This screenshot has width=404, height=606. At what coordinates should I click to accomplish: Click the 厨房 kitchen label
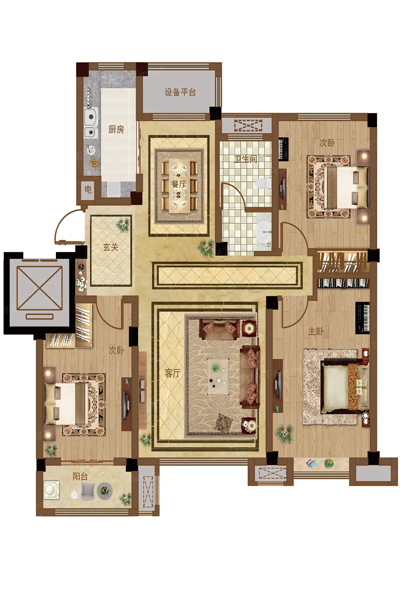[x=116, y=129]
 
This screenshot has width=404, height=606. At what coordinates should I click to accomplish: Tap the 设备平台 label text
[x=180, y=92]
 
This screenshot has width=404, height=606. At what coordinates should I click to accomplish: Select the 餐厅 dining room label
[x=179, y=184]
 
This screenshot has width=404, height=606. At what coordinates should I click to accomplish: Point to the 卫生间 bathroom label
[x=246, y=159]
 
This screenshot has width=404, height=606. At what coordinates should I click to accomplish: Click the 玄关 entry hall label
[x=111, y=247]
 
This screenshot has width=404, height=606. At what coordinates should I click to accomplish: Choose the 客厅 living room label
[x=172, y=373]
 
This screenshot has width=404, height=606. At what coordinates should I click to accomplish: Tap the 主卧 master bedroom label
[x=316, y=332]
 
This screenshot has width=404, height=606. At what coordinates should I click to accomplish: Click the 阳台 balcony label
[x=80, y=477]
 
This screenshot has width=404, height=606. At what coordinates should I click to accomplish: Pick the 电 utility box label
[x=88, y=190]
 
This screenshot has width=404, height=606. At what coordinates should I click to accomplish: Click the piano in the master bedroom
[x=362, y=318]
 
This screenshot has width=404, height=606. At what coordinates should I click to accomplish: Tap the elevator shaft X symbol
[x=40, y=288]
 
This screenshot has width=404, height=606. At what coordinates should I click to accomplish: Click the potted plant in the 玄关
[x=123, y=225]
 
